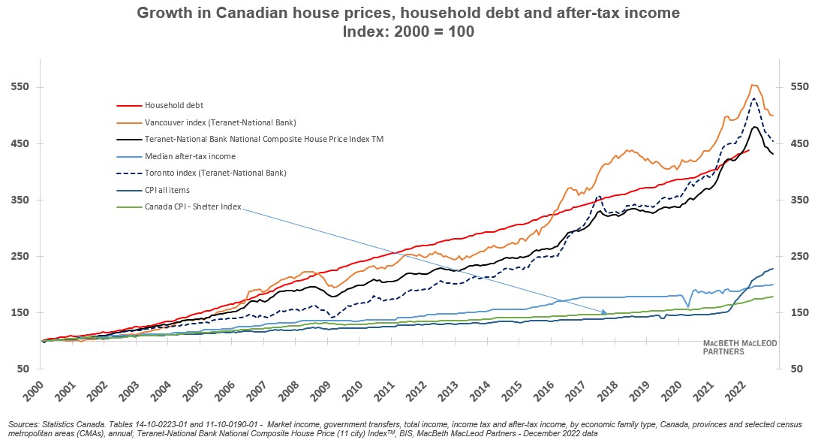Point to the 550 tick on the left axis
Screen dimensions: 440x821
click(20, 87)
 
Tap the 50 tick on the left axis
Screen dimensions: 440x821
click(23, 369)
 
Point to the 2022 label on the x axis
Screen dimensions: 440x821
click(736, 389)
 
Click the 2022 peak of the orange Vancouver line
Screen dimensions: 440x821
click(753, 85)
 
